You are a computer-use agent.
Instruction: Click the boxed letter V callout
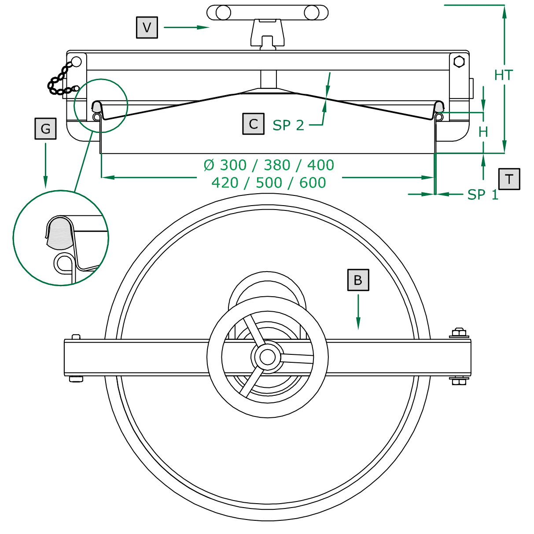[147, 27]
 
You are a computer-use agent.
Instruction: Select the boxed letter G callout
[45, 129]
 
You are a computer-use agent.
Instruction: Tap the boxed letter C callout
[253, 124]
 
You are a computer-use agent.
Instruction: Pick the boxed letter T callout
[509, 179]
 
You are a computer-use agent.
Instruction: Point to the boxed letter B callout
[358, 280]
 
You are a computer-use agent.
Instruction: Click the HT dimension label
[503, 75]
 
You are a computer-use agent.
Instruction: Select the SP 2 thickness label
[288, 125]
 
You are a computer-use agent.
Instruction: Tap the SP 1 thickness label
[482, 195]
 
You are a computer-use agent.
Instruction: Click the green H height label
[483, 132]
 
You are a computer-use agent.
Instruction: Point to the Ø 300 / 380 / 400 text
[269, 165]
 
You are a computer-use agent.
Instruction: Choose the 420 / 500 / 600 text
[269, 183]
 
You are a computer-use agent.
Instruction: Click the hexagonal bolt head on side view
[459, 61]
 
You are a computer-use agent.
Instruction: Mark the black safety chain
[60, 81]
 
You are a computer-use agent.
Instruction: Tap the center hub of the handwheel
[267, 357]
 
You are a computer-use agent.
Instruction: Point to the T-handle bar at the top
[267, 13]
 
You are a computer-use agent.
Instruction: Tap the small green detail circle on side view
[101, 106]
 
